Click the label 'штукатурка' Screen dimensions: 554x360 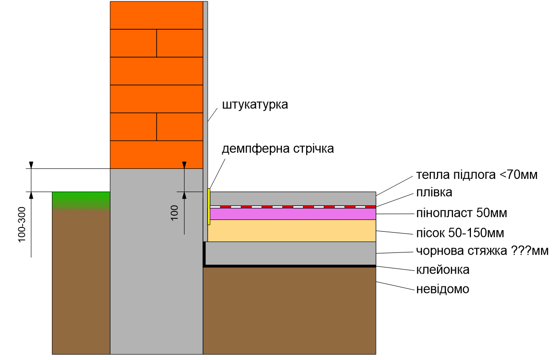point(255,105)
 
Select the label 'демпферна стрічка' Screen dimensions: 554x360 point(277,149)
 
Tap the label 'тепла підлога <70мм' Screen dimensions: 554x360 point(477,175)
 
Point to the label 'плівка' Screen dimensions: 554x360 point(434,192)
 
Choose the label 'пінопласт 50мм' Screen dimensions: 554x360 point(462,213)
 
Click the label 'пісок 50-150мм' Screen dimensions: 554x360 point(460,233)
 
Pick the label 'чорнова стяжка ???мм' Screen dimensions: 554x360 point(482,251)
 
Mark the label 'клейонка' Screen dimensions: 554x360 point(443,270)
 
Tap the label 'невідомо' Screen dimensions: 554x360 point(443,289)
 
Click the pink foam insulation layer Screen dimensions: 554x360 point(293,214)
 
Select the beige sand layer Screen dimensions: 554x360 point(292,231)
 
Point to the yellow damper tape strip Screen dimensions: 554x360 point(209,207)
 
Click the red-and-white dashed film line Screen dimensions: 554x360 point(293,207)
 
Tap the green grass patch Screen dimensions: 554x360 point(81,200)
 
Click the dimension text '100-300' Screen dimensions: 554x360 point(22,225)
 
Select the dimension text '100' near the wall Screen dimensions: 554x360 point(175,213)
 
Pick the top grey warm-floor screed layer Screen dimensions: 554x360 point(293,199)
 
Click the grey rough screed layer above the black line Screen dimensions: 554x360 point(290,253)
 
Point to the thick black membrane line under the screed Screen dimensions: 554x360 point(289,266)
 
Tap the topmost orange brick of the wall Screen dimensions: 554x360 point(157,15)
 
